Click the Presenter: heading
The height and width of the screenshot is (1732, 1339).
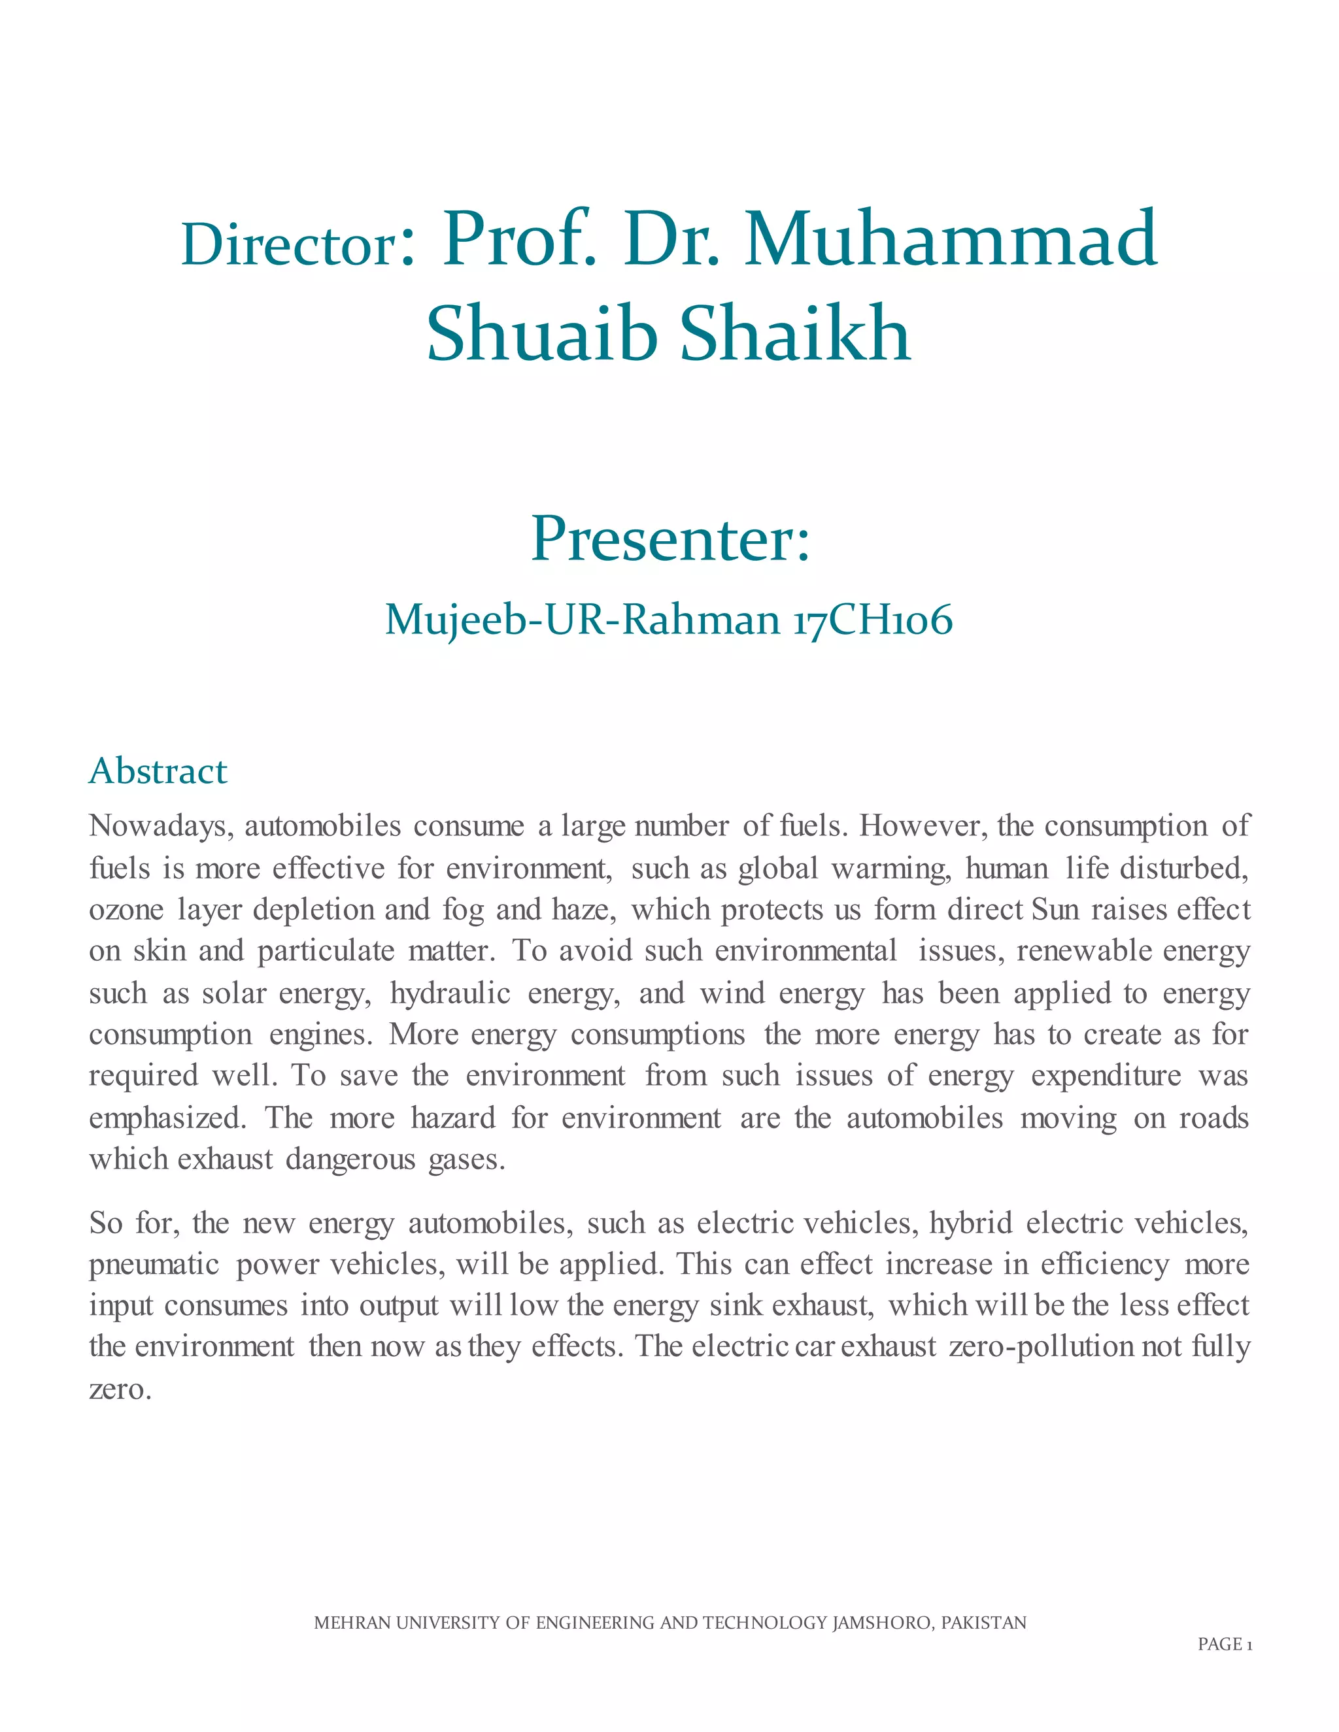tap(670, 539)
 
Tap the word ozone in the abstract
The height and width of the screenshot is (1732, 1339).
tap(126, 910)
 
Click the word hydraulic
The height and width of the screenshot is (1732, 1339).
tap(450, 993)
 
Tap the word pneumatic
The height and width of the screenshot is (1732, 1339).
tap(154, 1264)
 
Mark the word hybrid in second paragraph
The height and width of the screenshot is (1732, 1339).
tap(970, 1223)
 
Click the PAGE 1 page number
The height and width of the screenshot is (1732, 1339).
tap(1224, 1644)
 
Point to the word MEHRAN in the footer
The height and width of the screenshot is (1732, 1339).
tap(352, 1623)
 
